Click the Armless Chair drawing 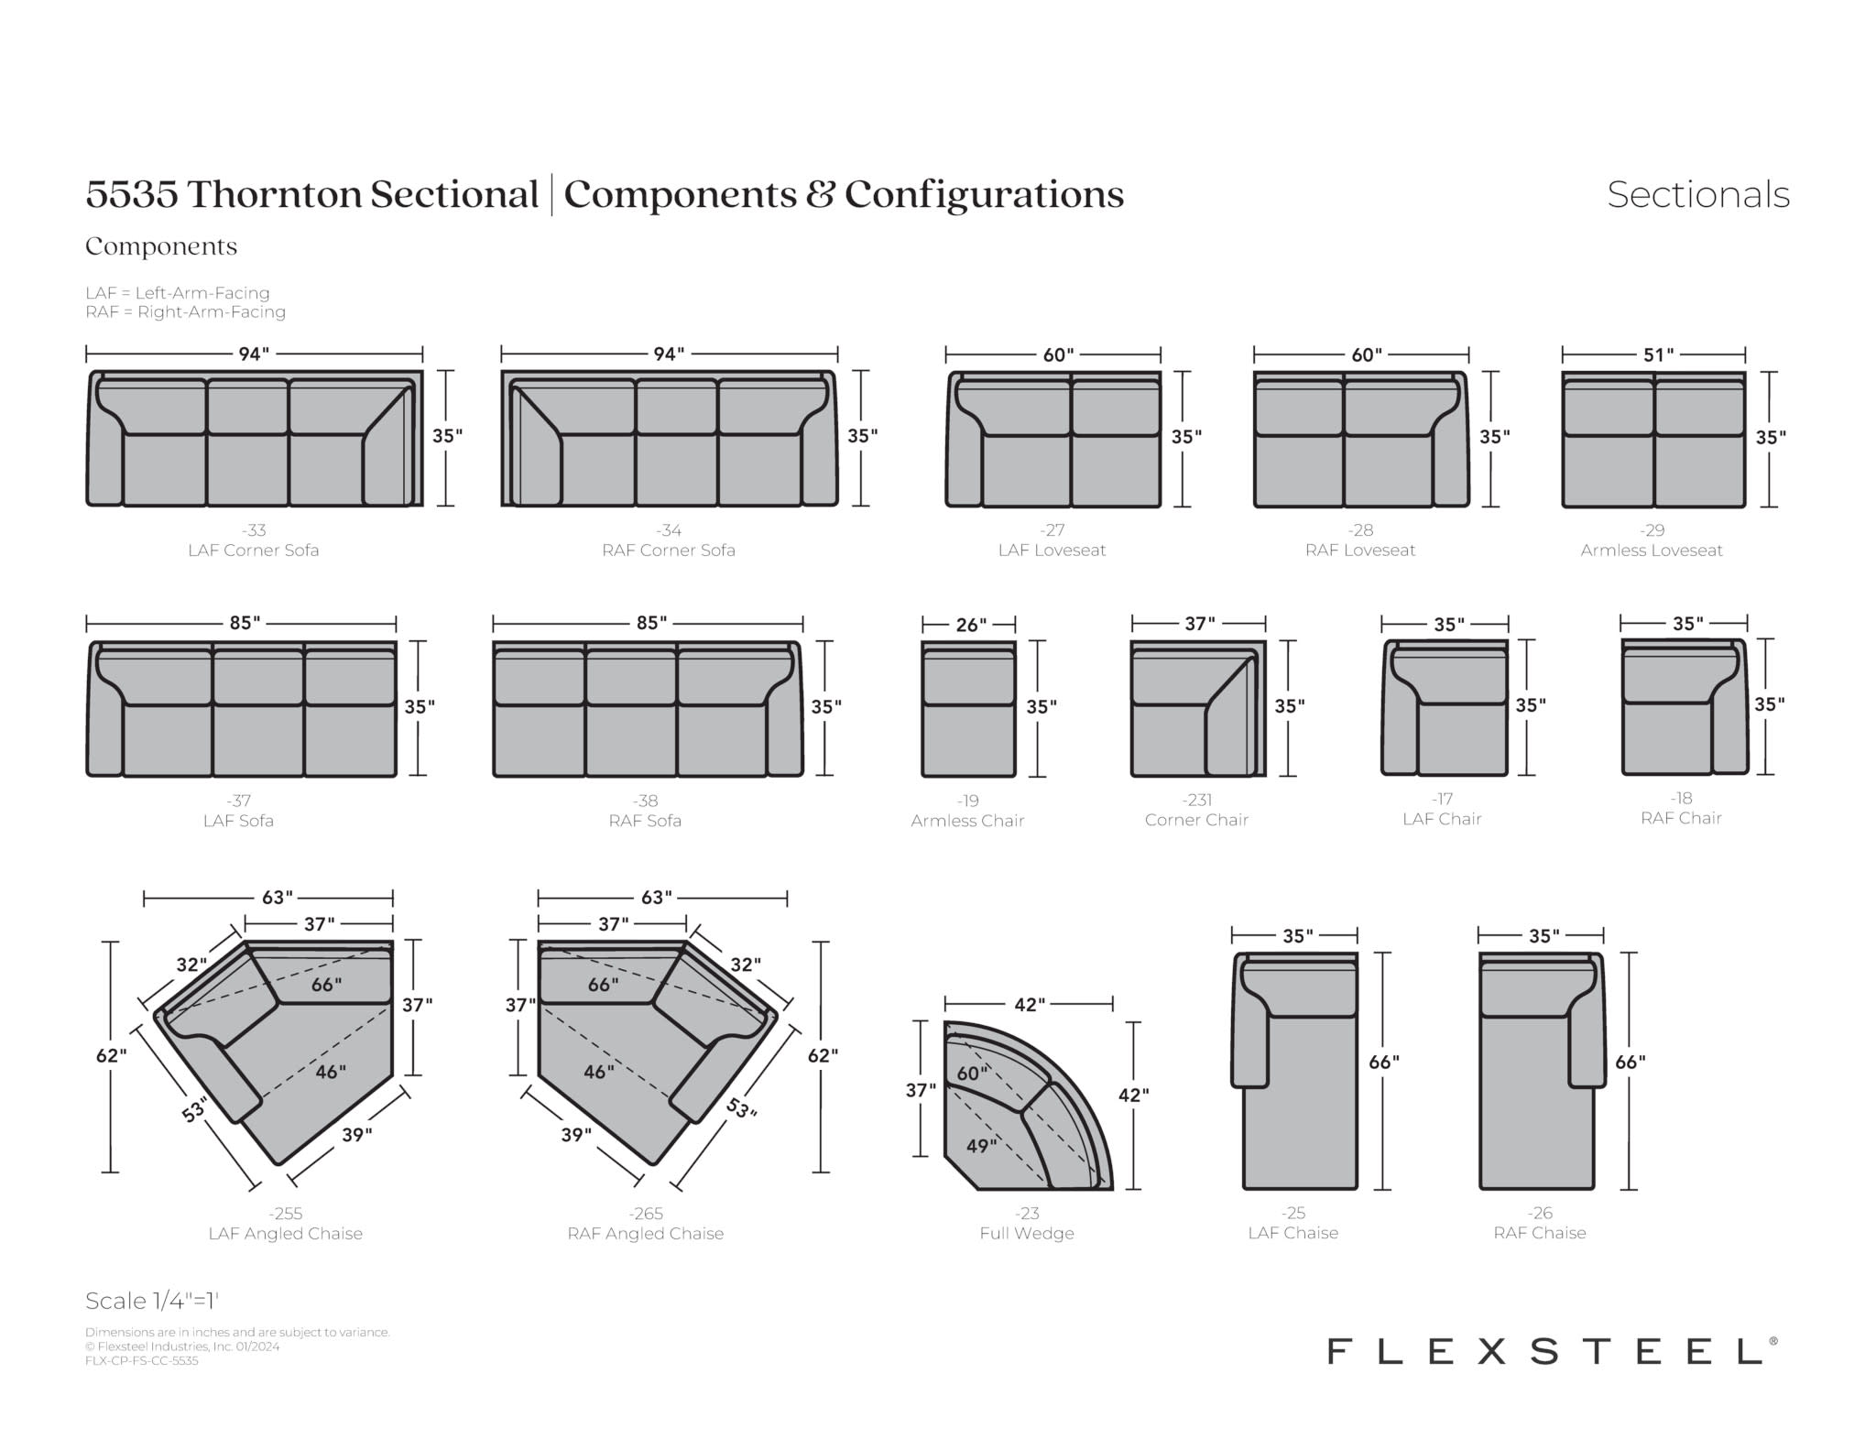point(968,708)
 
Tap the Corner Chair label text point(1196,820)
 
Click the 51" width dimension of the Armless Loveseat point(1658,354)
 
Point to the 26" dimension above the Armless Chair point(971,625)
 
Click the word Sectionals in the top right point(1698,194)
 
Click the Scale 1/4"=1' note point(152,1301)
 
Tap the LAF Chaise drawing point(1294,1071)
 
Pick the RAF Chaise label point(1540,1233)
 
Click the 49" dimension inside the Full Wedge point(981,1146)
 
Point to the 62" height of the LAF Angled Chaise point(111,1056)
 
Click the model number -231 point(1197,800)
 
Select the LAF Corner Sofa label point(254,551)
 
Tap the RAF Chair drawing point(1685,706)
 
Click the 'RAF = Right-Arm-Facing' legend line point(186,312)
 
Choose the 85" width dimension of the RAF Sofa point(651,624)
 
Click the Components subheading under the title point(161,246)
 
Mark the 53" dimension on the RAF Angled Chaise point(742,1108)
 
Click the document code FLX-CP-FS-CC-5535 point(142,1361)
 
